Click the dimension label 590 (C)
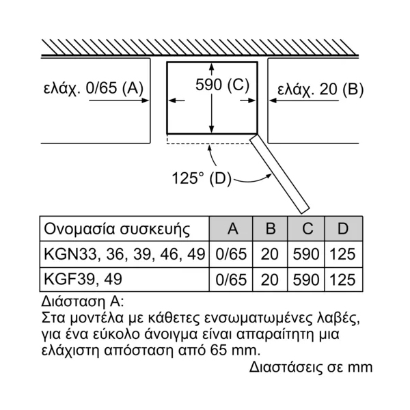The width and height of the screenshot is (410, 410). pyautogui.click(x=222, y=85)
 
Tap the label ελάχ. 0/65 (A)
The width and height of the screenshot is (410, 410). pyautogui.click(x=94, y=87)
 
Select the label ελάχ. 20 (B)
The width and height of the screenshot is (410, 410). pyautogui.click(x=320, y=90)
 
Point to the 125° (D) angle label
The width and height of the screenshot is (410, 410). pyautogui.click(x=202, y=178)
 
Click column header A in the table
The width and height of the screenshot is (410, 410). pyautogui.click(x=233, y=228)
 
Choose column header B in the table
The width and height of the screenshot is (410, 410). pyautogui.click(x=271, y=228)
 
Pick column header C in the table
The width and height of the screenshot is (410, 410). pyautogui.click(x=307, y=228)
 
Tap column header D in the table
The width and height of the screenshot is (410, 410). pyautogui.click(x=343, y=228)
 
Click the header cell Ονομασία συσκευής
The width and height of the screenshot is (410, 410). pyautogui.click(x=117, y=230)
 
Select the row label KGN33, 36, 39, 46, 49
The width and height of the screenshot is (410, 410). pyautogui.click(x=124, y=254)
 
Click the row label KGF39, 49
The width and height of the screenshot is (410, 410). pyautogui.click(x=83, y=279)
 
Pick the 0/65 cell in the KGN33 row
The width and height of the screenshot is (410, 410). pyautogui.click(x=231, y=254)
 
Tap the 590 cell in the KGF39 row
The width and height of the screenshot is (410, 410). pyautogui.click(x=306, y=279)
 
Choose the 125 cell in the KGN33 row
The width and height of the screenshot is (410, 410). pyautogui.click(x=342, y=254)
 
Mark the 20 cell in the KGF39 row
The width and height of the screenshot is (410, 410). pyautogui.click(x=269, y=279)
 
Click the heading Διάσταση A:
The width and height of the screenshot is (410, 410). pyautogui.click(x=83, y=301)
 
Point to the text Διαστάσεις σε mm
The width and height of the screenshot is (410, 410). pyautogui.click(x=311, y=367)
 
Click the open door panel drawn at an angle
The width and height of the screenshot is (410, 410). pyautogui.click(x=279, y=174)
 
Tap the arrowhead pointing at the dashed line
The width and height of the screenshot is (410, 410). pyautogui.click(x=209, y=148)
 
